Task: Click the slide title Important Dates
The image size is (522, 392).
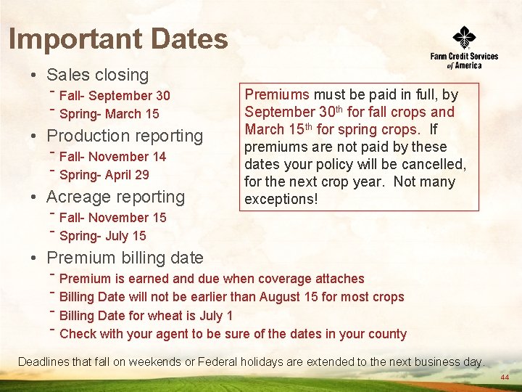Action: tap(118, 39)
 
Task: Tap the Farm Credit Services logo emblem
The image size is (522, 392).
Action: tap(464, 37)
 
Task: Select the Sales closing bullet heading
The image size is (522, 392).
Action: tap(97, 75)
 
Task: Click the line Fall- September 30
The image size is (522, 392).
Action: tap(115, 96)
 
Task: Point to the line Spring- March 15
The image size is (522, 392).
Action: tap(109, 114)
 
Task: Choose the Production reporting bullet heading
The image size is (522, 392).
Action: tap(125, 136)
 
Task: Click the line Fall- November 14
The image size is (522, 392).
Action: tap(112, 157)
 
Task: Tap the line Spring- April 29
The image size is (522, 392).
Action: tap(104, 175)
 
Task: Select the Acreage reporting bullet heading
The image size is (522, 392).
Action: tap(115, 197)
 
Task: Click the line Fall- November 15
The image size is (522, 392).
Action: tap(112, 218)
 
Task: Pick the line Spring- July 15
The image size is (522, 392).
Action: tap(102, 236)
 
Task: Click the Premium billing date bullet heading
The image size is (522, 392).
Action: tap(125, 258)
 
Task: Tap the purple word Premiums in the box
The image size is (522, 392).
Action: tap(277, 94)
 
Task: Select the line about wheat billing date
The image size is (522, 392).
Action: tap(146, 316)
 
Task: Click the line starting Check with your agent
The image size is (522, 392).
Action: tap(233, 334)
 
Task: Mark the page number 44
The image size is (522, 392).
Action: tap(505, 378)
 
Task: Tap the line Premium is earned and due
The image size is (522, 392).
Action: tap(212, 279)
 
